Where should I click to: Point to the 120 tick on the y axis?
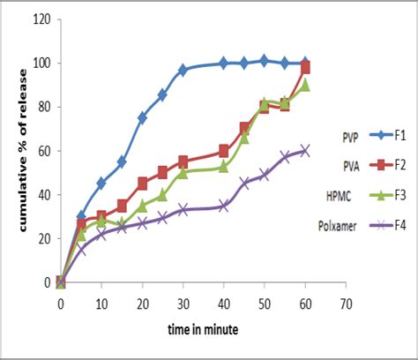pyautogui.click(x=40, y=19)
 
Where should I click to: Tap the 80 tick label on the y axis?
pyautogui.click(x=42, y=108)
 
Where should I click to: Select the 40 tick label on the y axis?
pyautogui.click(x=42, y=195)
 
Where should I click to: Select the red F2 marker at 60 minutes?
pyautogui.click(x=305, y=68)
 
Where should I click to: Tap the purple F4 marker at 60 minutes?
pyautogui.click(x=305, y=151)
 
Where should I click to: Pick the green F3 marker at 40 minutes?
pyautogui.click(x=224, y=167)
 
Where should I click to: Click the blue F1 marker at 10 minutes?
pyautogui.click(x=101, y=184)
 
